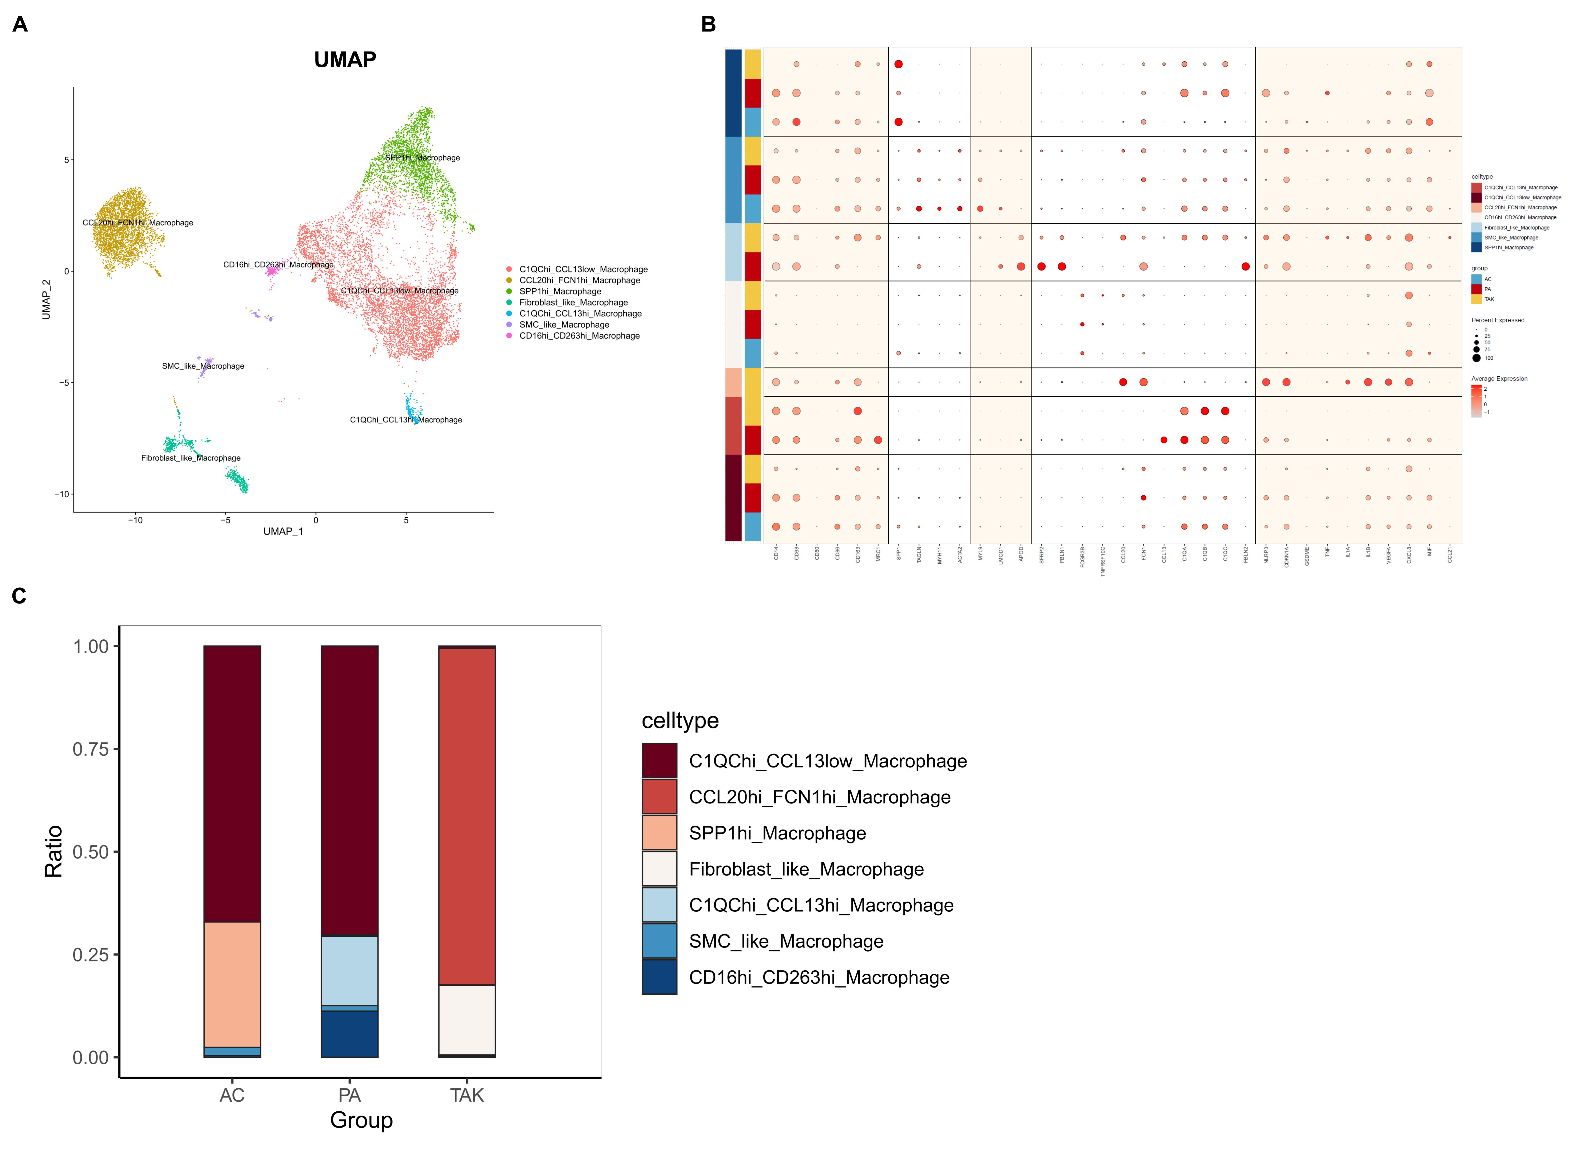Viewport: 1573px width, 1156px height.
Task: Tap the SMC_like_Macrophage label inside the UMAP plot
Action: pos(203,366)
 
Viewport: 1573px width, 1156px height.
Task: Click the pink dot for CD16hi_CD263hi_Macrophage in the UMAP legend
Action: pos(509,336)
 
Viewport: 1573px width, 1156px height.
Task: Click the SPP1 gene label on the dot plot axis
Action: pos(899,554)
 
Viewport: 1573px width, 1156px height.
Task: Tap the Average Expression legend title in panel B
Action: pos(1499,378)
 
